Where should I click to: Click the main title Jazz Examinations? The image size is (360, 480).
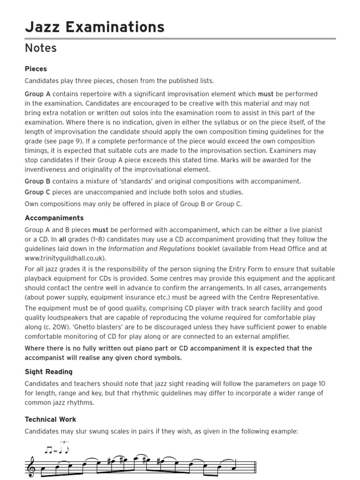(x=94, y=27)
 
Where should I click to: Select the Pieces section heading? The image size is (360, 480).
(x=36, y=69)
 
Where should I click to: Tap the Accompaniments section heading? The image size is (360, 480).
(x=54, y=218)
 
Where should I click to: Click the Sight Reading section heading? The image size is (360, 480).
(x=48, y=372)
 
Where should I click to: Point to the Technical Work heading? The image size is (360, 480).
(x=50, y=420)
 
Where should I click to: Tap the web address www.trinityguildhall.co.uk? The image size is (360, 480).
(x=65, y=258)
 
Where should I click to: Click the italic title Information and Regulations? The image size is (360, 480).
(x=151, y=249)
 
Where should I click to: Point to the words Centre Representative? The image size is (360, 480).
(x=279, y=297)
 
